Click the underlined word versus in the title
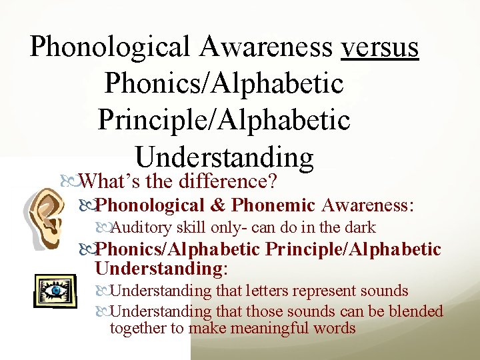point(379,47)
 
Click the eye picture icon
point(55,291)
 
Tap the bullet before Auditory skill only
point(103,227)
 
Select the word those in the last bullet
point(265,311)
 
